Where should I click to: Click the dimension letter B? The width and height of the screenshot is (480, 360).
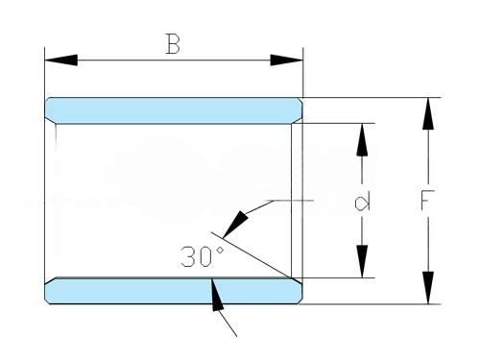(x=173, y=43)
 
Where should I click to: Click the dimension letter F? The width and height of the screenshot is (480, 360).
(x=427, y=201)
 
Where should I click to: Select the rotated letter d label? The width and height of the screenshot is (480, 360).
(x=362, y=202)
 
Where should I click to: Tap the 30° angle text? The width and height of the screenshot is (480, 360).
(x=202, y=256)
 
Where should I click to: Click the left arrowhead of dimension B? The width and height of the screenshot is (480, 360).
(x=60, y=60)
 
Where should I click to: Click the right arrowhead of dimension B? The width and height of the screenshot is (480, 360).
(x=286, y=60)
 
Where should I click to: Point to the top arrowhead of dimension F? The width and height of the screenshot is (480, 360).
(x=428, y=113)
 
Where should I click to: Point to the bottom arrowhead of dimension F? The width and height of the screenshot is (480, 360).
(x=428, y=288)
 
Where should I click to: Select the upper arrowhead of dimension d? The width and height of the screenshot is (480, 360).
(x=362, y=139)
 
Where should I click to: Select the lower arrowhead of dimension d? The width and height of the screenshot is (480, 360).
(x=362, y=261)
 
